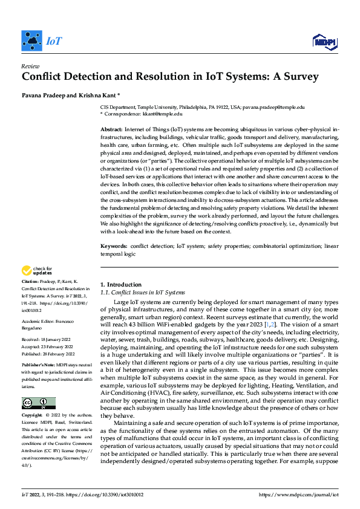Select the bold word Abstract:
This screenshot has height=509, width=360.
pyautogui.click(x=111, y=130)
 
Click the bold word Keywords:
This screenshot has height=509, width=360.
pyautogui.click(x=113, y=247)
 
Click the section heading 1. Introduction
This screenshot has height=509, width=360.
pyautogui.click(x=120, y=284)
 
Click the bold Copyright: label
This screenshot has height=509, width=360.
pyautogui.click(x=33, y=417)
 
